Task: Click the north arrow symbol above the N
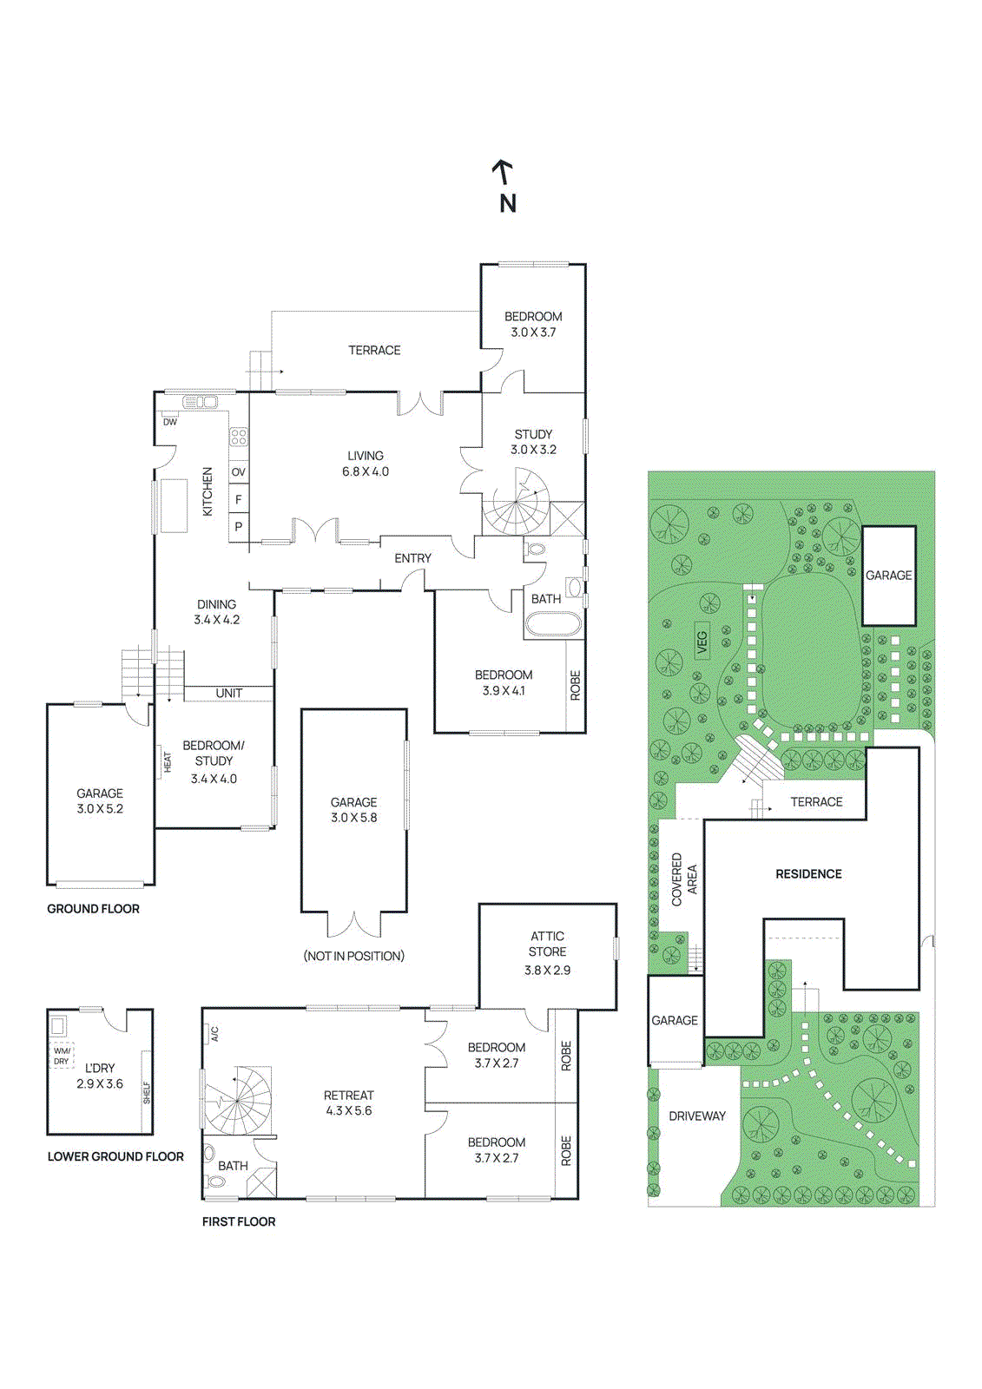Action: pyautogui.click(x=503, y=173)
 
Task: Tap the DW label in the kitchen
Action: pyautogui.click(x=170, y=422)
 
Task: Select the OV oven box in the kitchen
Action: pyautogui.click(x=238, y=472)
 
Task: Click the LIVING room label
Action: pyautogui.click(x=366, y=456)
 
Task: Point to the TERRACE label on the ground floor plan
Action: pyautogui.click(x=374, y=351)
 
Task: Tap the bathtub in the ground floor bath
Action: pyautogui.click(x=552, y=624)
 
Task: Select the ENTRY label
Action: pyautogui.click(x=412, y=559)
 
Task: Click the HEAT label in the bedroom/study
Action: pyautogui.click(x=167, y=763)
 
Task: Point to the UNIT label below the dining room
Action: pyautogui.click(x=229, y=694)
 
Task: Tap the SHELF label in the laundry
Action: pyautogui.click(x=147, y=1093)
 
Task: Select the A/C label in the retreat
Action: pyautogui.click(x=214, y=1034)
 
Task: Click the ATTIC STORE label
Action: pyautogui.click(x=547, y=944)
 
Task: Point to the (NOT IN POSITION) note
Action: pyautogui.click(x=353, y=956)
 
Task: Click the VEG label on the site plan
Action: pyautogui.click(x=702, y=642)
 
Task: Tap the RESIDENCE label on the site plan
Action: pyautogui.click(x=808, y=874)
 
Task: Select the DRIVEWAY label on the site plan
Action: pyautogui.click(x=696, y=1116)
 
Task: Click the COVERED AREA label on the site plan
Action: pyautogui.click(x=684, y=879)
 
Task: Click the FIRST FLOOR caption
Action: pyautogui.click(x=239, y=1221)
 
